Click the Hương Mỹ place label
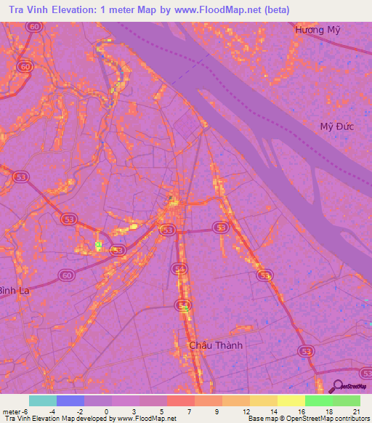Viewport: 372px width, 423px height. click(x=318, y=30)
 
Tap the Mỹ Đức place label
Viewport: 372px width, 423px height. click(x=337, y=126)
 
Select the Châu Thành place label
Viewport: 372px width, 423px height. click(x=215, y=345)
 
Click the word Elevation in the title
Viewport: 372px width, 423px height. click(x=78, y=10)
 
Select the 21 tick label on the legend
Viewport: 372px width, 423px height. click(x=356, y=411)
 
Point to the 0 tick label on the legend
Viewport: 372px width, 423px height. click(x=107, y=411)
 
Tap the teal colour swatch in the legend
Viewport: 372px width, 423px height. click(x=43, y=400)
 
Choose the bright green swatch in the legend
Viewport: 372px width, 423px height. click(x=318, y=400)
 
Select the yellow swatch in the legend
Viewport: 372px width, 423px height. click(x=291, y=400)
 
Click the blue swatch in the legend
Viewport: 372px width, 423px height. click(x=70, y=400)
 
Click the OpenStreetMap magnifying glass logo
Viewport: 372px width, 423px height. click(x=336, y=387)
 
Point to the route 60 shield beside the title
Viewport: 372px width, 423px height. click(x=33, y=26)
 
